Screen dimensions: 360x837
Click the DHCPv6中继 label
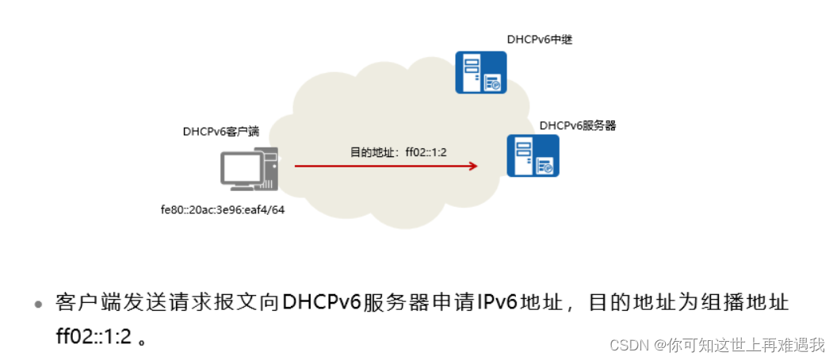coord(539,39)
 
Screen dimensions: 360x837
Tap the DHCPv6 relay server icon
coord(480,72)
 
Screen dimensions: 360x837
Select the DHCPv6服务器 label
coord(578,125)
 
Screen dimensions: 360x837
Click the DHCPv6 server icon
coord(533,155)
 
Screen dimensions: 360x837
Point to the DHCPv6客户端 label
coord(221,132)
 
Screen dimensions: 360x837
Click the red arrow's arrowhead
coord(472,166)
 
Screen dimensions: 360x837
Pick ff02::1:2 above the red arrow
coord(426,151)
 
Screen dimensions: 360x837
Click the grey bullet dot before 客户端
coord(37,304)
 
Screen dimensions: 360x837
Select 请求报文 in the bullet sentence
coord(182,303)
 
